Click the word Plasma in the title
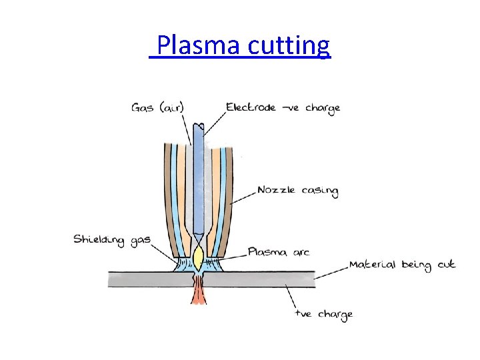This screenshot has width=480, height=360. [199, 45]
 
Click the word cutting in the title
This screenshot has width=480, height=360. [289, 46]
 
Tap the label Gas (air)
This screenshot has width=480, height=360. [157, 107]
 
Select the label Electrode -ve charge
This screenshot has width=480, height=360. [283, 107]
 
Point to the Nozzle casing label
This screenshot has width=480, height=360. [298, 191]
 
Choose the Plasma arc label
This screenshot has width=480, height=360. [279, 252]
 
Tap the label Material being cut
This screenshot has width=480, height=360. [401, 265]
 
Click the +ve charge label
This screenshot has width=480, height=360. [325, 313]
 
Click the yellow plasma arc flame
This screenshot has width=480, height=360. [198, 255]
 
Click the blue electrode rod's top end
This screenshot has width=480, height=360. [197, 127]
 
